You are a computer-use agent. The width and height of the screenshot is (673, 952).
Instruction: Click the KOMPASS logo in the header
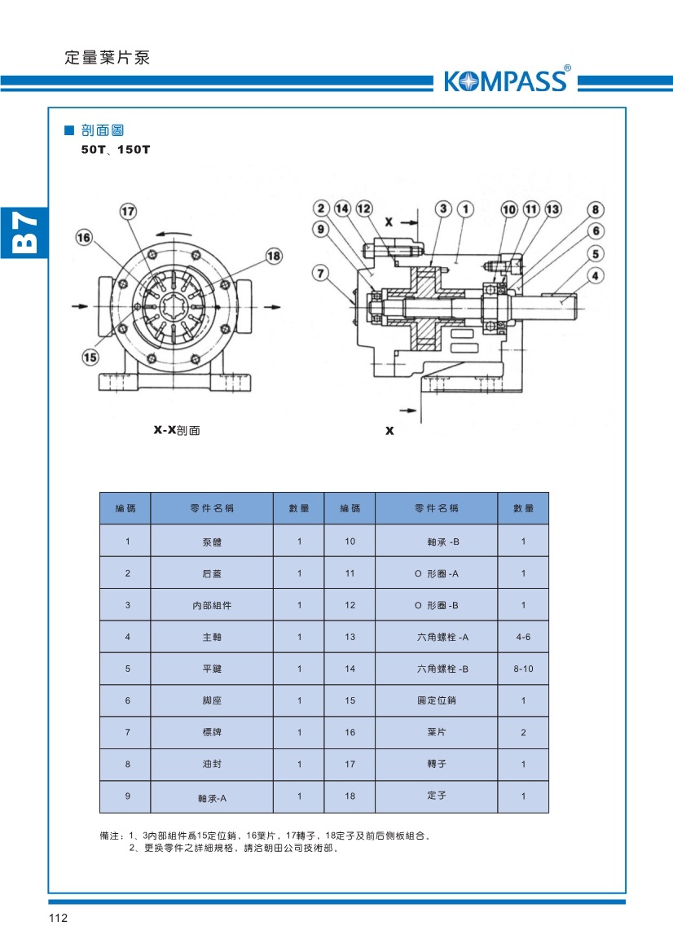[506, 81]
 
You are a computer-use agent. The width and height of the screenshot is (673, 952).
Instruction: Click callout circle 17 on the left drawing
[128, 212]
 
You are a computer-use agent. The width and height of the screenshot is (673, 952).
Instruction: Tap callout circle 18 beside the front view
[273, 256]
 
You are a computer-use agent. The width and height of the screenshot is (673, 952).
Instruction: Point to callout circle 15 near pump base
[90, 356]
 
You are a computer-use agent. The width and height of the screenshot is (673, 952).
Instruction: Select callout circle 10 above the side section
[509, 209]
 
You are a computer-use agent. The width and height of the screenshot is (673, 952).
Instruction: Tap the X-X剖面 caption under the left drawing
[177, 430]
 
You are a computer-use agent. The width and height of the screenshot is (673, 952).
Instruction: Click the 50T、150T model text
[116, 150]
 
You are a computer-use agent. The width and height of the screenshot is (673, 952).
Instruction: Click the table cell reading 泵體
[212, 542]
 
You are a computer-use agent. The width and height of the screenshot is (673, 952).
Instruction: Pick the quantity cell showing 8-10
[523, 669]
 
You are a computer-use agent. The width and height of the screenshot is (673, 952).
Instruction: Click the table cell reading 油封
[212, 765]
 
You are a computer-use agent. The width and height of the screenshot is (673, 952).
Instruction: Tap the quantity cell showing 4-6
[523, 637]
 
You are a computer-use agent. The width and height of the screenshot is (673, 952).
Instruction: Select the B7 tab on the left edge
[24, 231]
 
